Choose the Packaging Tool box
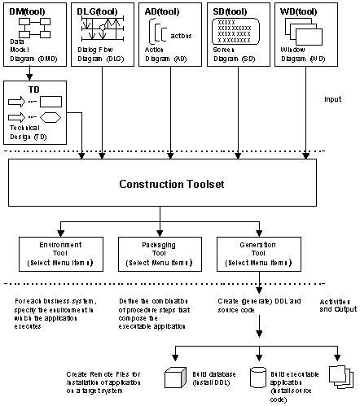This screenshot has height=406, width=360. (x=158, y=252)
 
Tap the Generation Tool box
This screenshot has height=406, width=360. (x=260, y=252)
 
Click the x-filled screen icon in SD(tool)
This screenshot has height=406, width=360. (x=238, y=33)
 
